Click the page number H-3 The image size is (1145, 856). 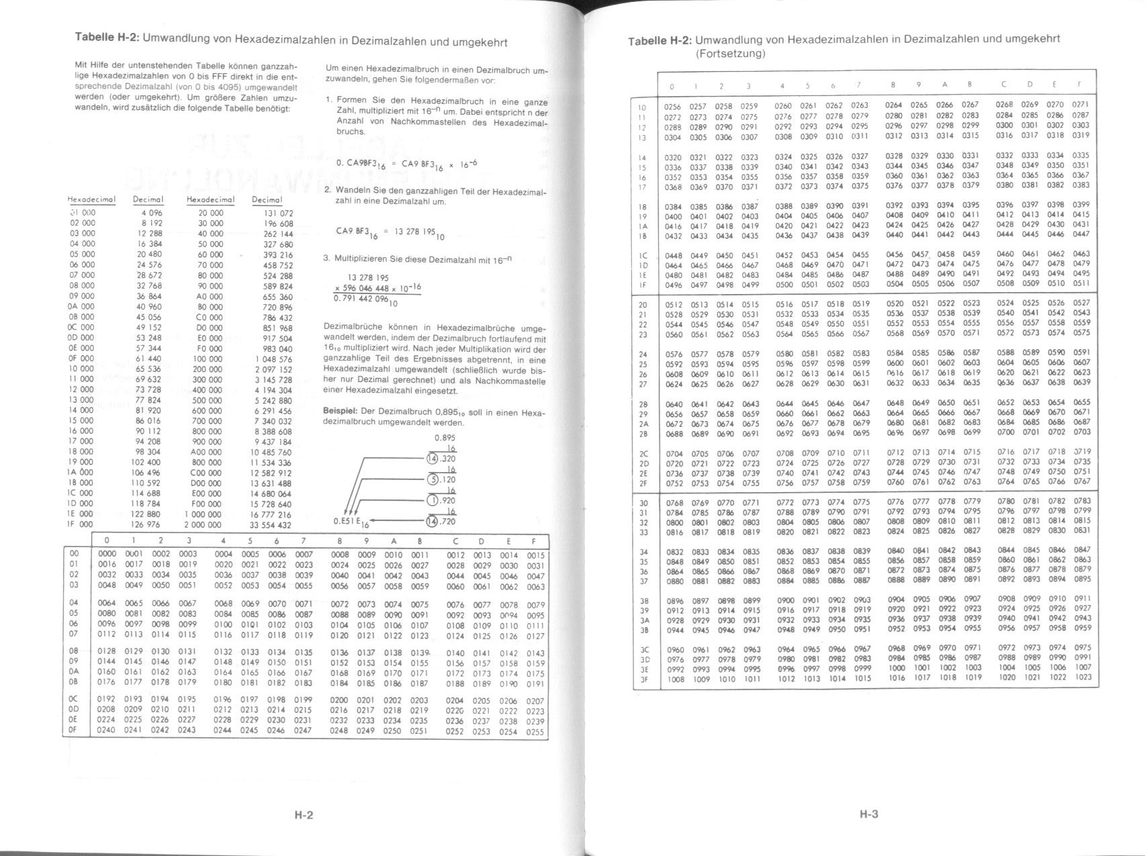[868, 814]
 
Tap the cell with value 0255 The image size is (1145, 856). [535, 732]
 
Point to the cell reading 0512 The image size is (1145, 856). [673, 303]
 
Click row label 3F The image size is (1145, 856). [643, 679]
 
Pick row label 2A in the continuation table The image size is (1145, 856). [643, 424]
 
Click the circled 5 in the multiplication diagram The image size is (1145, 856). [434, 479]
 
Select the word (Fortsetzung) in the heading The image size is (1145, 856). [730, 54]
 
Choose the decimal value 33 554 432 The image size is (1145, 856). [271, 525]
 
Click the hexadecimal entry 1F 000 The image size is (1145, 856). [82, 524]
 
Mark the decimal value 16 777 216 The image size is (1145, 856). [271, 514]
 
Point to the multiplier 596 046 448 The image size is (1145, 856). [367, 289]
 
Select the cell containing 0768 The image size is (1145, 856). [674, 502]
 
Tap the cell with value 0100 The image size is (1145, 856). [223, 625]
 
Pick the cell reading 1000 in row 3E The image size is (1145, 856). [896, 668]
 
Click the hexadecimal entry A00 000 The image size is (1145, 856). [206, 452]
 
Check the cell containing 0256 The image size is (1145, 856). [672, 105]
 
